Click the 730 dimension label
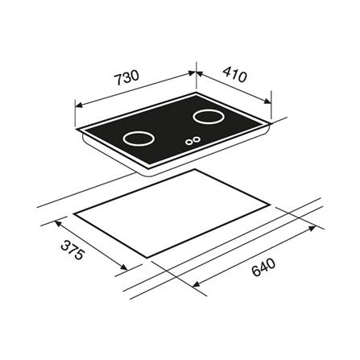pos(126,77)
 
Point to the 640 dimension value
pos(263,267)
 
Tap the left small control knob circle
pos(189,143)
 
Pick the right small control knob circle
pos(197,139)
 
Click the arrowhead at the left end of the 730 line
pos(79,105)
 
